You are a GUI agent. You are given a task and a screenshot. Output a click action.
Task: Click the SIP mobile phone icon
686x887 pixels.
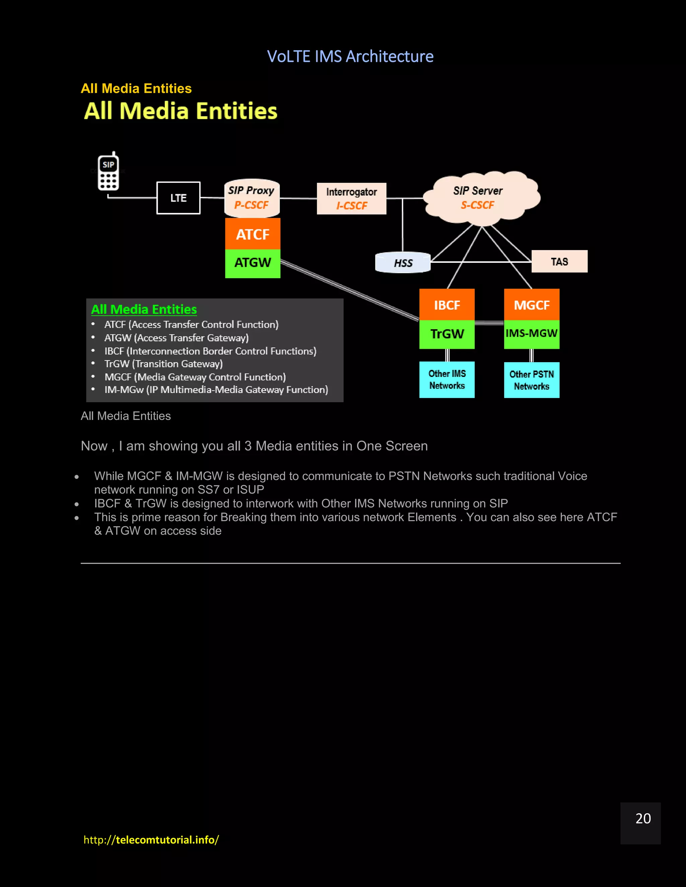click(109, 172)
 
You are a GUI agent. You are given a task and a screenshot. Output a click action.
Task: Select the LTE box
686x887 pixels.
click(179, 198)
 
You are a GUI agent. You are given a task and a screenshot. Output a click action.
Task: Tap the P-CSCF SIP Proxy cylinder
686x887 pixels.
click(252, 198)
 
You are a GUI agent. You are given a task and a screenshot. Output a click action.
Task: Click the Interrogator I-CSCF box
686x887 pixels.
click(351, 198)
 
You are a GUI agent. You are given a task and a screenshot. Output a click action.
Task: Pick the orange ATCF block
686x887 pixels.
click(253, 234)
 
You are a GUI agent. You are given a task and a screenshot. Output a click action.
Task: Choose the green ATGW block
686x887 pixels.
click(253, 263)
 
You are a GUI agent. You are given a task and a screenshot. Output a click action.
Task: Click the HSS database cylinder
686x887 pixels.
click(403, 262)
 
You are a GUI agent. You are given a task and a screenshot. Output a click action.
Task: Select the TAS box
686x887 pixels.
click(559, 261)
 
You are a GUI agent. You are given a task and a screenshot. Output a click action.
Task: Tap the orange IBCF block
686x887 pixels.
click(447, 305)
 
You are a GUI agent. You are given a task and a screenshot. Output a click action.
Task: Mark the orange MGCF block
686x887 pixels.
click(532, 305)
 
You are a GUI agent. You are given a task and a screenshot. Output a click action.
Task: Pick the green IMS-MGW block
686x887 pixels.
click(532, 334)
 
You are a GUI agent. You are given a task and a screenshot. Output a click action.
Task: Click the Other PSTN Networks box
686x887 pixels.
click(532, 380)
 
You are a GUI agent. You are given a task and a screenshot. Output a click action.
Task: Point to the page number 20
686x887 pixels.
click(643, 818)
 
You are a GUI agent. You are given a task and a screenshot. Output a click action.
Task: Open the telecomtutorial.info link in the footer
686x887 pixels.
click(151, 839)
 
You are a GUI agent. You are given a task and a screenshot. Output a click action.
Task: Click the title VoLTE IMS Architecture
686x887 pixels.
click(350, 57)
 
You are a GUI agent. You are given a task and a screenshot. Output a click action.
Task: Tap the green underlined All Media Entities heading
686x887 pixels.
click(144, 310)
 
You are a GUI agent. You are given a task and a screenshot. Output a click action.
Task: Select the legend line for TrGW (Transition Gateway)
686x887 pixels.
click(163, 364)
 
